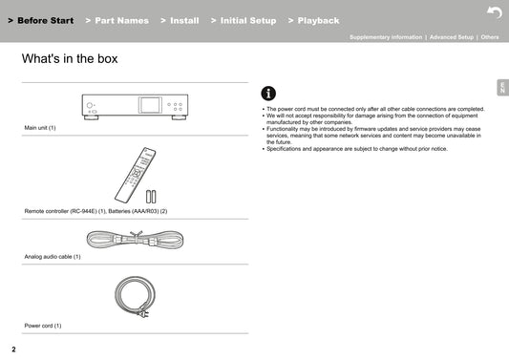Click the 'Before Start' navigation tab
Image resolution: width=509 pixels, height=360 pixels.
tap(41, 20)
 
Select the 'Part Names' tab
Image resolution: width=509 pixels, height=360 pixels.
tap(117, 20)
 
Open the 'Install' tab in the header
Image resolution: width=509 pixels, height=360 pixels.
tap(180, 20)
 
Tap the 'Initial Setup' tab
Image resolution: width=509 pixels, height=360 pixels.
tap(244, 20)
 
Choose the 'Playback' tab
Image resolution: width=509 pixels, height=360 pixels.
tap(313, 20)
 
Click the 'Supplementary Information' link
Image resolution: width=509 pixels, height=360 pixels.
tap(386, 37)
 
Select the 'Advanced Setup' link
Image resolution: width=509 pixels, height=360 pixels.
tap(452, 37)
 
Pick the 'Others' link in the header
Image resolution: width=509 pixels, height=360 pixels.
tap(490, 37)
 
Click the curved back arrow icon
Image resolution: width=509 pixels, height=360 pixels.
tap(495, 13)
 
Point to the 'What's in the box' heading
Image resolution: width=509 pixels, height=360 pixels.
tap(70, 59)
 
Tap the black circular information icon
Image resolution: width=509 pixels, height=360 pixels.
tap(268, 94)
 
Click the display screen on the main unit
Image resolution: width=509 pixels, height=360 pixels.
tap(150, 105)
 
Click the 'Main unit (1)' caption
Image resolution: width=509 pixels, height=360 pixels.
tap(40, 128)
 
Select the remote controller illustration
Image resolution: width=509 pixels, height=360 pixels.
tap(135, 175)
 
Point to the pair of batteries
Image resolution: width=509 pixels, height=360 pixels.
tap(151, 197)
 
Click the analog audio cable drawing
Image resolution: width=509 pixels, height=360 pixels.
tap(135, 240)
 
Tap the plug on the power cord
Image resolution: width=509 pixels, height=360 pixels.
tap(144, 313)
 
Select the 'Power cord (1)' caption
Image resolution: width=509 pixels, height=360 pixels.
tap(43, 326)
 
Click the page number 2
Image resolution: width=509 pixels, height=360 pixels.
tap(13, 349)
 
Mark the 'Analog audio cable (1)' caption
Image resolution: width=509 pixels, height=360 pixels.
tap(53, 257)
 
